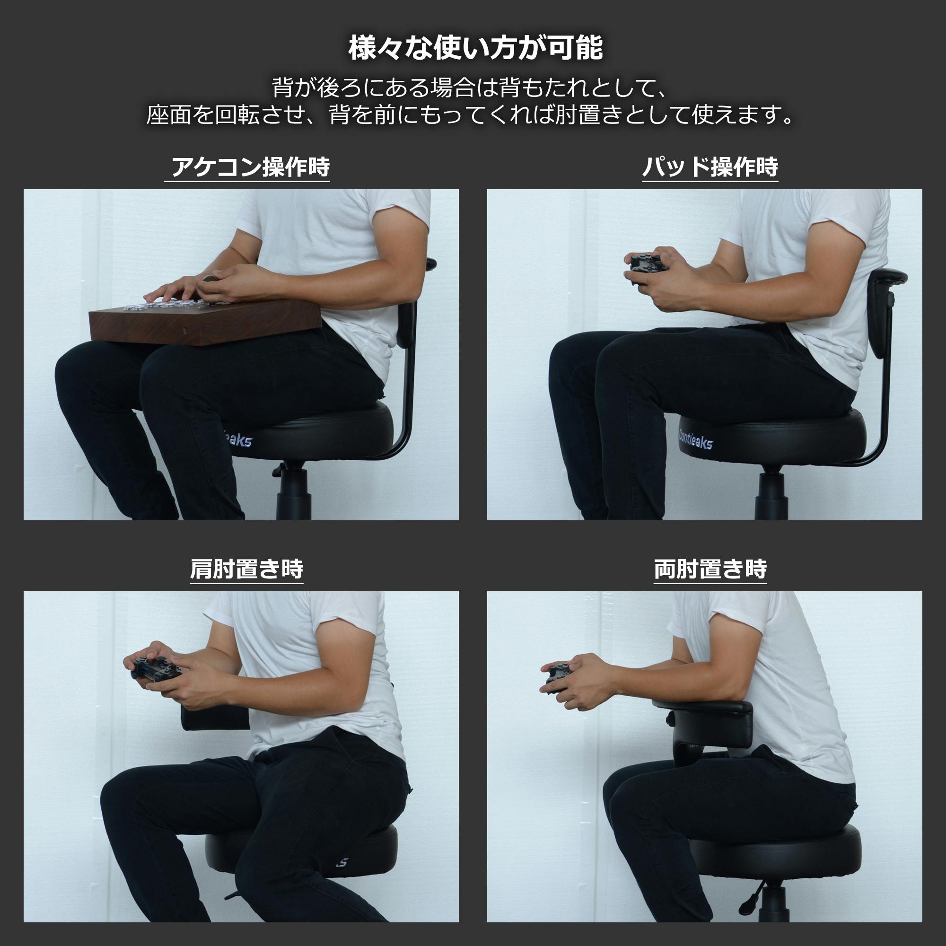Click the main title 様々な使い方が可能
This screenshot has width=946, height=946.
click(475, 48)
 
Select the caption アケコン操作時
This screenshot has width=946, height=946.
click(250, 167)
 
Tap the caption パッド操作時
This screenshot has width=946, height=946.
click(710, 167)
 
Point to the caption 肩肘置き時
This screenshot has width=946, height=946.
click(246, 569)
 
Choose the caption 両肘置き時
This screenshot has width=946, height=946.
click(710, 569)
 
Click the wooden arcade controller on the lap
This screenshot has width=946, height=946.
click(206, 324)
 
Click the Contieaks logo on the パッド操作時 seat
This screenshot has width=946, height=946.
click(695, 439)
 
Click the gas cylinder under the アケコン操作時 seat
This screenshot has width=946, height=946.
click(293, 492)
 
